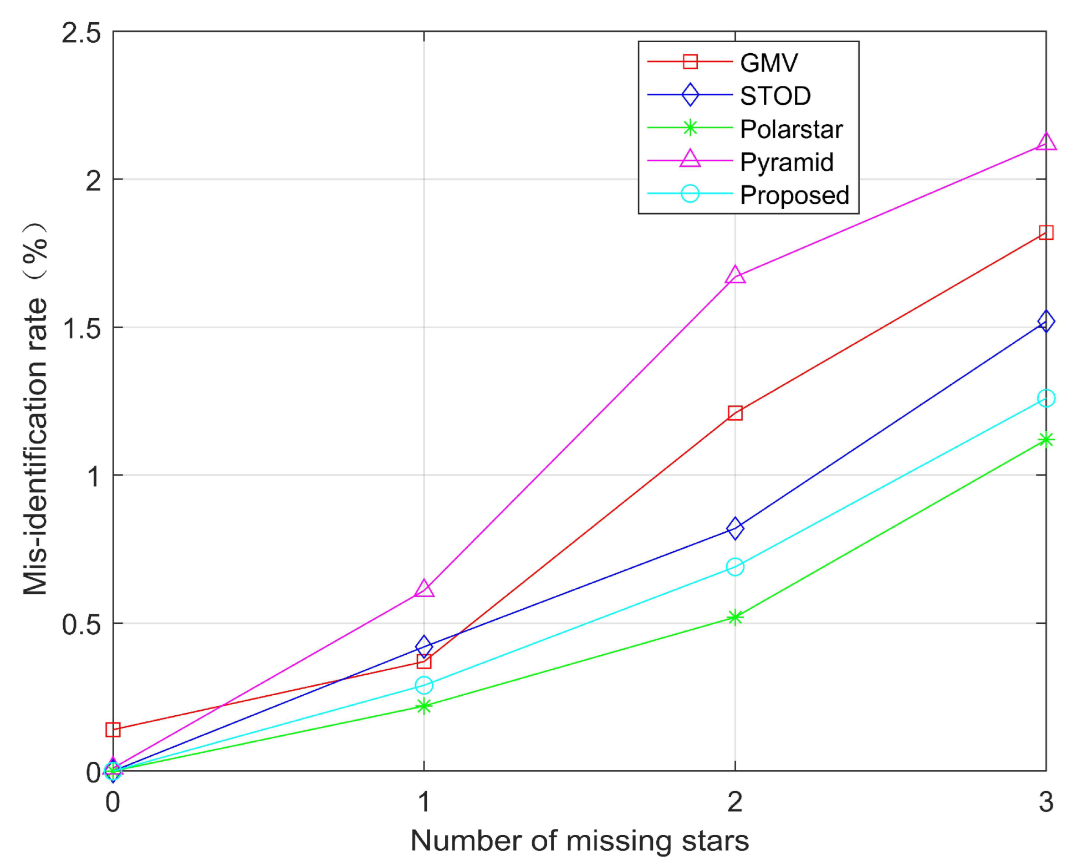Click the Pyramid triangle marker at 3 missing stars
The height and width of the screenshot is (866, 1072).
[x=1045, y=142]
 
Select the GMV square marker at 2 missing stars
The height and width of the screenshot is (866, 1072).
[x=734, y=412]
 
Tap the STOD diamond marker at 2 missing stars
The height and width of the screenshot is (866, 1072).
[x=734, y=528]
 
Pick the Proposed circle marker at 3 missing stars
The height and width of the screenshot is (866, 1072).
[x=1045, y=398]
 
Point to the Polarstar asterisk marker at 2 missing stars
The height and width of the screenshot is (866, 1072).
[x=734, y=617]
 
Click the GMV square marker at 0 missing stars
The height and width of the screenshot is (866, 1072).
[x=113, y=730]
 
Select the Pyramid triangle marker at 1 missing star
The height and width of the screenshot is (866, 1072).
[x=424, y=589]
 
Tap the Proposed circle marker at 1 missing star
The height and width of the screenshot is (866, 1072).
[x=424, y=685]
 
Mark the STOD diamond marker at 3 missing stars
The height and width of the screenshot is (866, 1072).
[x=1045, y=321]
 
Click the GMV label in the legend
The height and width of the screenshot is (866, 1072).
[x=769, y=63]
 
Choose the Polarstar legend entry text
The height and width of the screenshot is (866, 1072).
[x=791, y=129]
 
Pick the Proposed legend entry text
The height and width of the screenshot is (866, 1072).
[x=794, y=195]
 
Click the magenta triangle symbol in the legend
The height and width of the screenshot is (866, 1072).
[x=690, y=160]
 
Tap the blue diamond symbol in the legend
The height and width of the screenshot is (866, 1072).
[x=690, y=95]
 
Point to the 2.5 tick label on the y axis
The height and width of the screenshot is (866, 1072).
[x=81, y=33]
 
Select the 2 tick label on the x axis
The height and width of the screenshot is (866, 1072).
[x=734, y=802]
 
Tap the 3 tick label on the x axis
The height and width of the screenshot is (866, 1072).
[x=1045, y=802]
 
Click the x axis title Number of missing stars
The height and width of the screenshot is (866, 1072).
[x=579, y=840]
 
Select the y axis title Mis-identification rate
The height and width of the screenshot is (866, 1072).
[x=35, y=410]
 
